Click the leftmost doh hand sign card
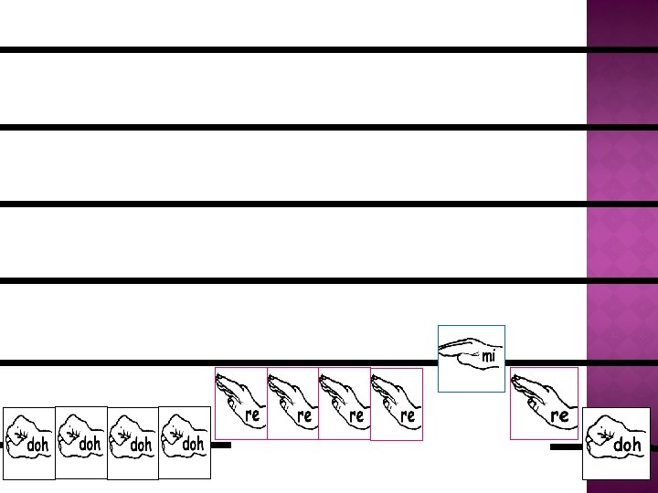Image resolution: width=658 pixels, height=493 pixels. (x=28, y=443)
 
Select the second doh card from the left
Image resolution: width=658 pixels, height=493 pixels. (x=80, y=443)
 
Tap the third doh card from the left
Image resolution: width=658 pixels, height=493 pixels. (x=133, y=443)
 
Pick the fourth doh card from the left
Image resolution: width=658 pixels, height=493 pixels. (x=185, y=443)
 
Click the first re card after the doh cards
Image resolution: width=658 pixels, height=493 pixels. (x=241, y=403)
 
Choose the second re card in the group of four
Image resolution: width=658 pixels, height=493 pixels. (x=292, y=403)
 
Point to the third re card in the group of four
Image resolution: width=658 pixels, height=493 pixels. (x=345, y=403)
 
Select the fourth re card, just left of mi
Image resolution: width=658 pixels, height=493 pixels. (x=397, y=404)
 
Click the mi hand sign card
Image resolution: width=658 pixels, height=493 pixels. (x=472, y=358)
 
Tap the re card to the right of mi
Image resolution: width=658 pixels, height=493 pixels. (x=545, y=403)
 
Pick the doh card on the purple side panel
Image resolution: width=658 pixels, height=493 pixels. (x=616, y=443)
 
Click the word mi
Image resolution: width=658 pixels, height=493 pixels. (x=489, y=357)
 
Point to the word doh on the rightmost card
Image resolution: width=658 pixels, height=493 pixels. (x=628, y=446)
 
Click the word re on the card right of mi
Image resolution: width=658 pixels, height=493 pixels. (x=559, y=415)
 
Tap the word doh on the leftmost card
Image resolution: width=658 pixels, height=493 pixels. (x=38, y=446)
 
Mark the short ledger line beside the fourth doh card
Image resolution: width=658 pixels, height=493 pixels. (x=221, y=446)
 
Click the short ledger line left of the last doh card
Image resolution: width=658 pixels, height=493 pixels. (x=566, y=448)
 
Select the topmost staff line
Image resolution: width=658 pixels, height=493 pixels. (x=292, y=49)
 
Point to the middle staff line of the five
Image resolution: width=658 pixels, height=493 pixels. (x=292, y=204)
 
